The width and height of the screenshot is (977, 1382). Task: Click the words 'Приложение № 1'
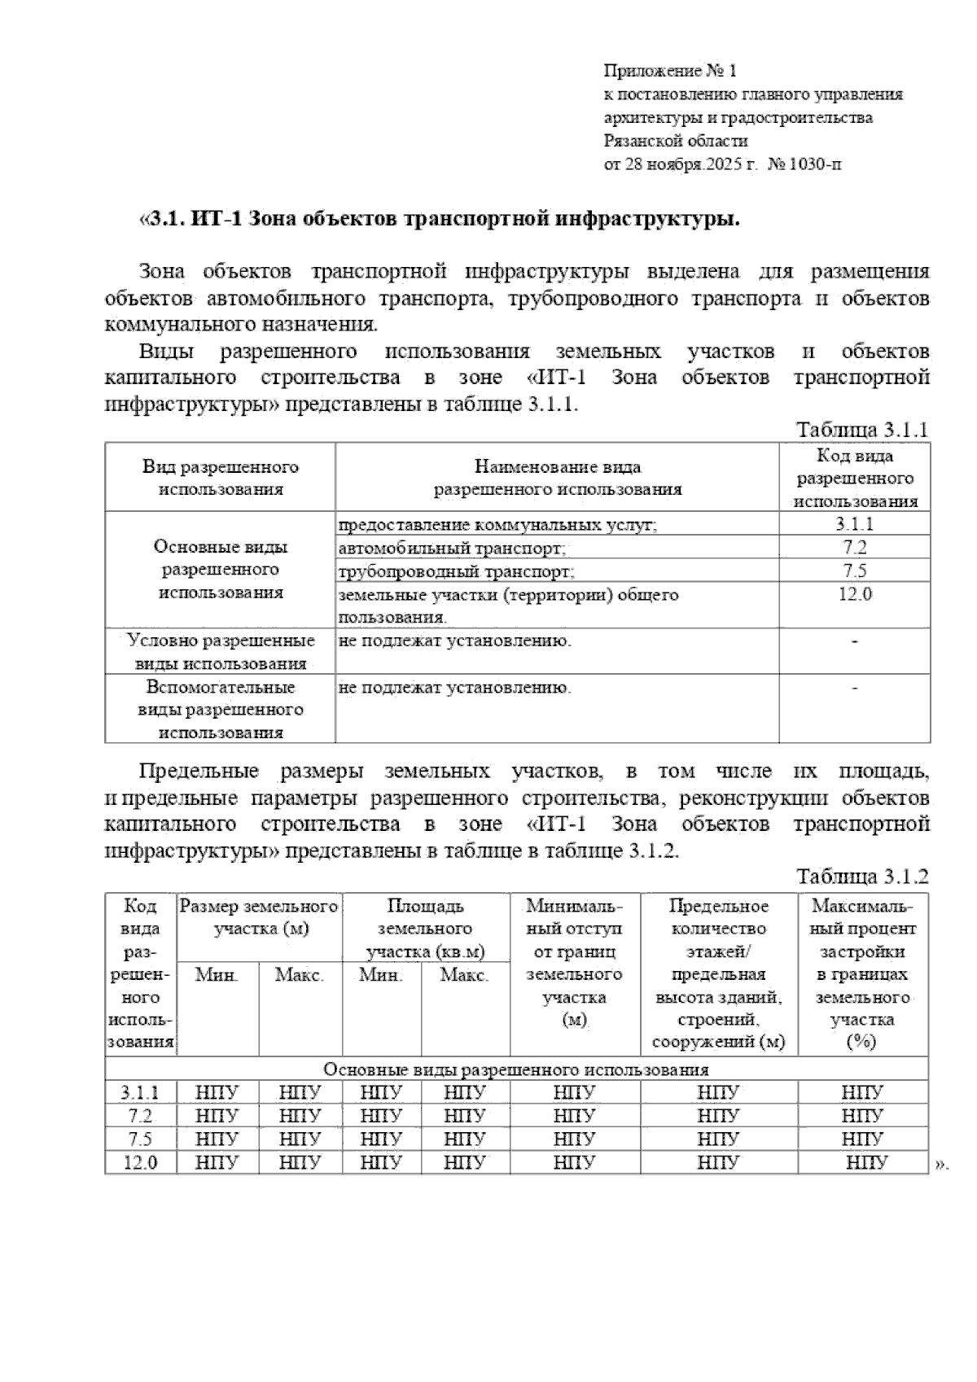tap(669, 71)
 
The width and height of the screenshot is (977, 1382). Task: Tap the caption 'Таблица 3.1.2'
tap(862, 877)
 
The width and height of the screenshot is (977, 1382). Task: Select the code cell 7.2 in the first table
tap(855, 547)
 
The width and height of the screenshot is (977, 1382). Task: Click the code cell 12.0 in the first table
tap(855, 594)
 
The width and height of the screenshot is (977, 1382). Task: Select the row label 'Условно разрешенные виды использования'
tap(220, 651)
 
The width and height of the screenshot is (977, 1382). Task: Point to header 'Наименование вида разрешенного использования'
tap(558, 478)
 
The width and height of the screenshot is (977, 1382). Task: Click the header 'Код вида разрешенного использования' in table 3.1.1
tap(855, 479)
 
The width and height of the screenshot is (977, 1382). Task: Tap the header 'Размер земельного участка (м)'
tap(260, 917)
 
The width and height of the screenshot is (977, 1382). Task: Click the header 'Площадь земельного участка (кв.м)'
tap(426, 929)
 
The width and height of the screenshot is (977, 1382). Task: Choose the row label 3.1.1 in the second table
tap(140, 1092)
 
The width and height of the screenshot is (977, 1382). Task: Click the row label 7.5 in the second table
tap(140, 1139)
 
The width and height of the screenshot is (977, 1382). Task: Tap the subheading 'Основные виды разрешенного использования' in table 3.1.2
tap(516, 1069)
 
